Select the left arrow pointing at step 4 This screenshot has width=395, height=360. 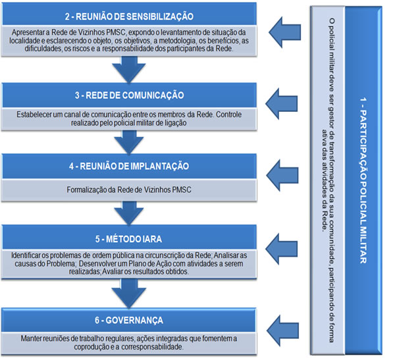tap(288, 174)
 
